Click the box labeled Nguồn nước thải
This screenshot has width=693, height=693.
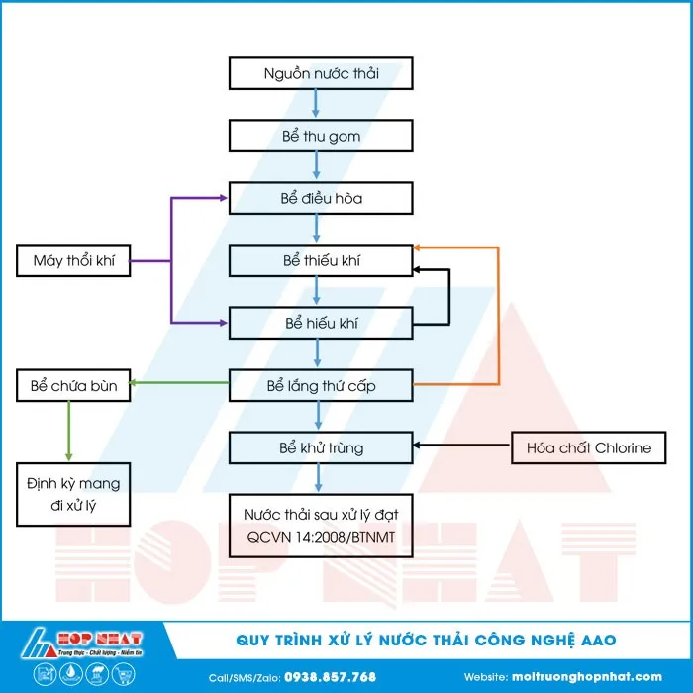321,73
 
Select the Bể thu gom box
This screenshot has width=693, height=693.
321,136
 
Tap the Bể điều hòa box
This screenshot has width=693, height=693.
321,198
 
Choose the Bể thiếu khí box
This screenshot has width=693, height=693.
321,260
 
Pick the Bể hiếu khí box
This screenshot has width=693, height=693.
321,323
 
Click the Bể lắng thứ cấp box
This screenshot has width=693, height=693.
321,385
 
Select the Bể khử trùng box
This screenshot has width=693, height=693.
321,447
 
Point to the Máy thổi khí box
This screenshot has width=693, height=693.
73,260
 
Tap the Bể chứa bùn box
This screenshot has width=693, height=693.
73,385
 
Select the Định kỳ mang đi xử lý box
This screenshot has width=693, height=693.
73,496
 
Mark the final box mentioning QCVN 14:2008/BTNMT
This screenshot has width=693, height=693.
321,526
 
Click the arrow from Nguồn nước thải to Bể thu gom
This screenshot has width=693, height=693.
316,104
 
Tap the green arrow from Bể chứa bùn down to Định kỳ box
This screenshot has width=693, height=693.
68,431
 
